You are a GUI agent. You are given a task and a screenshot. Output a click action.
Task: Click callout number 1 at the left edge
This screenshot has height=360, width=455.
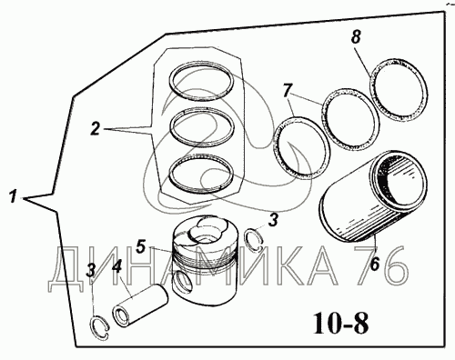[13, 196]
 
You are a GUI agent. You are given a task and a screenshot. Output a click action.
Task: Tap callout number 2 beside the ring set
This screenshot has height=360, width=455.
[95, 129]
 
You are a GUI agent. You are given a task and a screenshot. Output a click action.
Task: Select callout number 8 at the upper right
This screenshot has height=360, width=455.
[356, 37]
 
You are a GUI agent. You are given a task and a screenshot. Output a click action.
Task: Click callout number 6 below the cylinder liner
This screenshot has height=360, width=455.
[375, 265]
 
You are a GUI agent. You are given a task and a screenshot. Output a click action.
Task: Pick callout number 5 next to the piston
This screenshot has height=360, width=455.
[141, 247]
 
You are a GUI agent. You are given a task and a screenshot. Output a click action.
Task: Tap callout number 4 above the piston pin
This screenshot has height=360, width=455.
[116, 267]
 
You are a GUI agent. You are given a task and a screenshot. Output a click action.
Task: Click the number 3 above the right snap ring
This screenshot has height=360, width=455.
[274, 220]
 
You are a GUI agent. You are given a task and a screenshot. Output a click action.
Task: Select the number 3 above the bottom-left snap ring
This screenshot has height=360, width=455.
[91, 270]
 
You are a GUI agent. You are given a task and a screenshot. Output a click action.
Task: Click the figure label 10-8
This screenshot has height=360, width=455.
[341, 324]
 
